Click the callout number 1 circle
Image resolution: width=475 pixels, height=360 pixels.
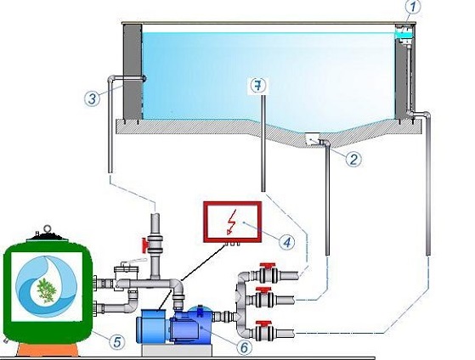[x=412, y=7]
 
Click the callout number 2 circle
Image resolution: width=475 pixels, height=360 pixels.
[x=353, y=159]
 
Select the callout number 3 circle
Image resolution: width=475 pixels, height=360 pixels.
[x=92, y=98]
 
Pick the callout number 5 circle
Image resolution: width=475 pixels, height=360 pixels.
[x=117, y=342]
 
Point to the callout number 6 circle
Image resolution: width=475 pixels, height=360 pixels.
[x=244, y=347]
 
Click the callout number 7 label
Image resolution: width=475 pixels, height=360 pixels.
[x=257, y=86]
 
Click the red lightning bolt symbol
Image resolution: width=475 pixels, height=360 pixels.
[x=232, y=222]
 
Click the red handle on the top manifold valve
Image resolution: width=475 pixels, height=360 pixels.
[x=268, y=266]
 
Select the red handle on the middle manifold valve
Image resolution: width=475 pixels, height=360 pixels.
[x=264, y=290]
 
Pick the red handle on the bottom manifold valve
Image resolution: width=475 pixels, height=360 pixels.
[x=264, y=323]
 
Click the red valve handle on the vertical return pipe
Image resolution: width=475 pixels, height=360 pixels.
[x=144, y=245]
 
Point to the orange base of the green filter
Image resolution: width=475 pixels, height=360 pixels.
[x=48, y=350]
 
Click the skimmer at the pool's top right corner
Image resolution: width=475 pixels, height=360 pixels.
[x=404, y=34]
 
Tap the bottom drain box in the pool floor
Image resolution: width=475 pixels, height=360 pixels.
[x=312, y=138]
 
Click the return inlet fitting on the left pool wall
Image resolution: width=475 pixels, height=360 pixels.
[x=144, y=79]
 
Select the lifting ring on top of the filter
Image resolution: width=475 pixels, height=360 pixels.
[x=47, y=228]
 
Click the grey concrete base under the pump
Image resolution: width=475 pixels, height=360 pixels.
[x=177, y=351]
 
